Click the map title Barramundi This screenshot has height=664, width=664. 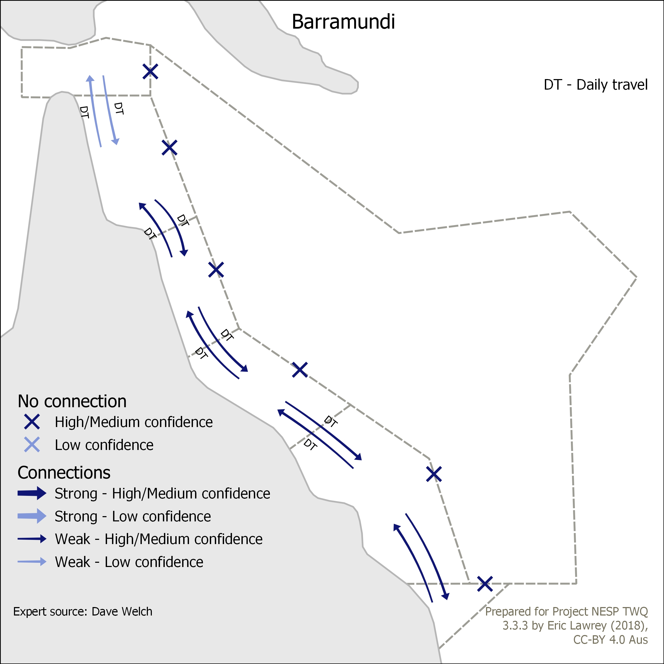pos(343,22)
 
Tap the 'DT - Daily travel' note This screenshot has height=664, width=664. pos(596,85)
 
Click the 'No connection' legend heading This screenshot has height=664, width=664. pos(72,401)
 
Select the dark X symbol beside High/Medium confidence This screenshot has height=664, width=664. pos(32,422)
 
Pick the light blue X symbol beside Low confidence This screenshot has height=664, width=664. pos(32,444)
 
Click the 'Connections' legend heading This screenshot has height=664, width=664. pos(64,473)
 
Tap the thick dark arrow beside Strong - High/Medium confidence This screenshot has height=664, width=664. pos(32,493)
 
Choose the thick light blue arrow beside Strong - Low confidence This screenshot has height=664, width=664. pos(32,516)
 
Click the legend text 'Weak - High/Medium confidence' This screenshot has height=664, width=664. pos(159,539)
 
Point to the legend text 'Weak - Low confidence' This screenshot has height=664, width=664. pos(129,562)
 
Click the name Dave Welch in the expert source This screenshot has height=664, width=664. pos(122,612)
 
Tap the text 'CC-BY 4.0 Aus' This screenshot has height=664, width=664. pos(610,639)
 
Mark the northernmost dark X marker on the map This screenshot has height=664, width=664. pos(150,71)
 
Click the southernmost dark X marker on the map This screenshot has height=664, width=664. pos(485,584)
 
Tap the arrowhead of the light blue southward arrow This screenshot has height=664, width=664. pos(116,141)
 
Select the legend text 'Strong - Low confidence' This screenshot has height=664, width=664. pos(133,516)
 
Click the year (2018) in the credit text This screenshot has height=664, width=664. pos(629,626)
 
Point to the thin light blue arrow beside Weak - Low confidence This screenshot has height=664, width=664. pos(32,561)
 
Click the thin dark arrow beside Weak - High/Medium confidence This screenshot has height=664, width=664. pos(32,539)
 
